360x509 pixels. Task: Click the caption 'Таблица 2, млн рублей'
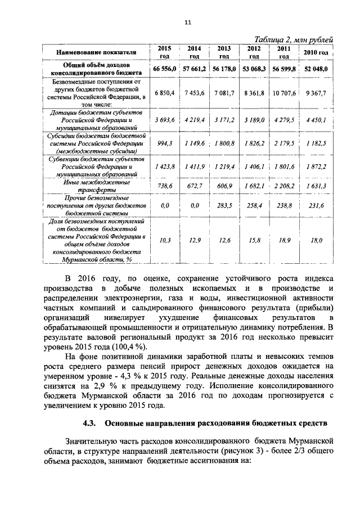(294, 39)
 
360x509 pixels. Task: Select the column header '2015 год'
(164, 52)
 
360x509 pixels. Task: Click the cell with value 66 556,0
(165, 69)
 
